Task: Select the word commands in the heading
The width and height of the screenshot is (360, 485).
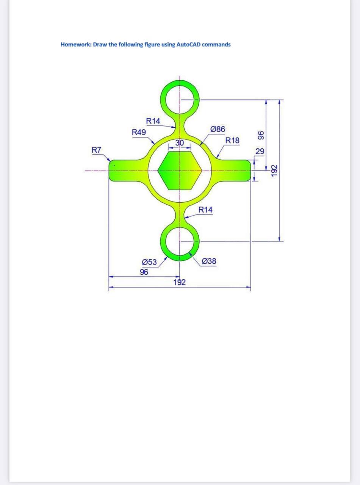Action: pos(216,44)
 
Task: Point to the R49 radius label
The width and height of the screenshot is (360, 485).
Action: pos(139,132)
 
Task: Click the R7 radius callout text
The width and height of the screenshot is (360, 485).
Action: pos(97,150)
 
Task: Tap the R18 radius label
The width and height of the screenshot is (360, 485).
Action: pos(232,141)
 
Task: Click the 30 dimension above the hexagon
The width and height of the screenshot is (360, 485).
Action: pos(180,143)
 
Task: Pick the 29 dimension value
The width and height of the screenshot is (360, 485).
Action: pos(260,152)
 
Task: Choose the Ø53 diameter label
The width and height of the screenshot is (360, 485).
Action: pos(149,262)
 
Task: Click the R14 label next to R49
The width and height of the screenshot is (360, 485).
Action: pos(153,121)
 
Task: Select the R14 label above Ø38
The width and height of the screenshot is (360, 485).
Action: pos(205,210)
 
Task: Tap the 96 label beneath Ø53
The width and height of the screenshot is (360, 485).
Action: pos(144,272)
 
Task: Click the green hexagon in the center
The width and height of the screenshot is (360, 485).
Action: pos(180,170)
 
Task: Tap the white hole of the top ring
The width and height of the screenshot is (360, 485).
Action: pos(180,100)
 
